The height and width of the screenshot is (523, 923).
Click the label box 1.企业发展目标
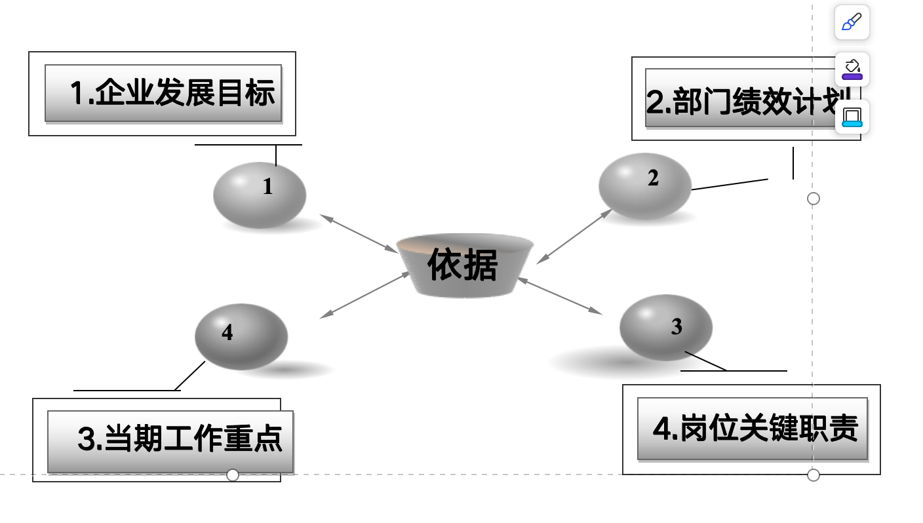[163, 93]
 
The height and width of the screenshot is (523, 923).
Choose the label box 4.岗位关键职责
[752, 429]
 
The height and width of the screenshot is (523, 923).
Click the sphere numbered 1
[260, 195]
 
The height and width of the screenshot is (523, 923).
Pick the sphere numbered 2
[645, 186]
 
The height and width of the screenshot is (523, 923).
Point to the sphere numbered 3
[665, 328]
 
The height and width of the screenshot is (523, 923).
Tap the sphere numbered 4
[241, 336]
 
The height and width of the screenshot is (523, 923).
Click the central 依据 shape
[464, 265]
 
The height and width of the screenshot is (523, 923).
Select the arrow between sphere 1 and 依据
[359, 233]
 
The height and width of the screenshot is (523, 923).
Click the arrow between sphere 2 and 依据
[574, 237]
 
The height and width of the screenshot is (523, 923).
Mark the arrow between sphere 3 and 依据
[560, 296]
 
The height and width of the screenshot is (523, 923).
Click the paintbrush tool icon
[852, 22]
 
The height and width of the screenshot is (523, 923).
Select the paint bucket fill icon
[852, 69]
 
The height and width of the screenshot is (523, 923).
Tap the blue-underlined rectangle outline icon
[852, 117]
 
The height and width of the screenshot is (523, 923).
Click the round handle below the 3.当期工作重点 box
[233, 475]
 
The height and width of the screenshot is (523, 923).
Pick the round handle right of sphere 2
[814, 199]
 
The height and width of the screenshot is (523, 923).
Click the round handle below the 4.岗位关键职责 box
[814, 475]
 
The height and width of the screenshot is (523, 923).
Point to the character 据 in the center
[481, 265]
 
